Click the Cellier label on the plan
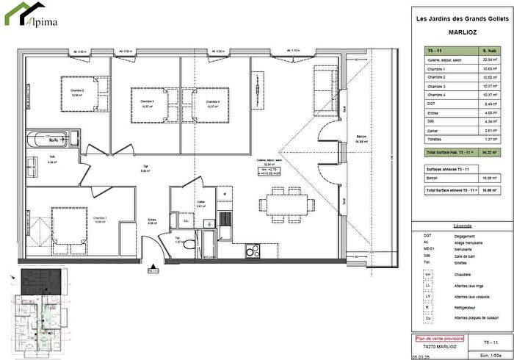point(200,204)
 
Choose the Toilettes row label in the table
point(436,139)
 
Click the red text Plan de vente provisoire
point(435,339)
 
